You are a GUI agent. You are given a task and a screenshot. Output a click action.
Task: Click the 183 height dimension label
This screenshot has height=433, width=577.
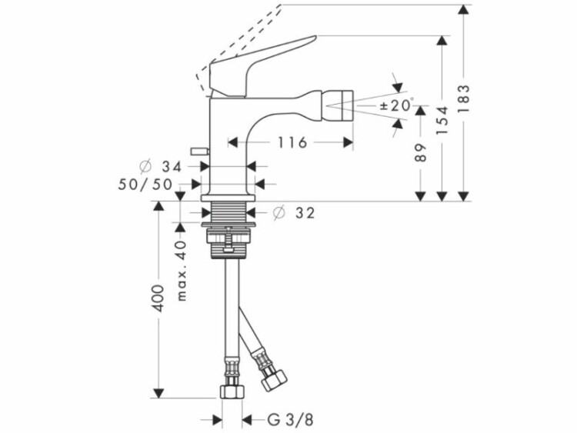coord(465,98)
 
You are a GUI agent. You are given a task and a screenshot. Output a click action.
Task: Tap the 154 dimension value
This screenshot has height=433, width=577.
coord(442,120)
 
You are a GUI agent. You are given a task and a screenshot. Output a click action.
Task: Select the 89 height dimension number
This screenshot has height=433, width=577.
coord(421,152)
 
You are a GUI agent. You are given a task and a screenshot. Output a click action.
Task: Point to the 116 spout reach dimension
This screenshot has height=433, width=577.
coord(292,142)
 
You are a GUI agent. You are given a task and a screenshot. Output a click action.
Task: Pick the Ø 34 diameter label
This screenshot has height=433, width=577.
coord(162,167)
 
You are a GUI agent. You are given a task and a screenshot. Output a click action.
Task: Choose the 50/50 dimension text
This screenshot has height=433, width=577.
coord(145,185)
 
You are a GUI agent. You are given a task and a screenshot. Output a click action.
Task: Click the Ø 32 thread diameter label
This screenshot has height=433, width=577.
coord(295,212)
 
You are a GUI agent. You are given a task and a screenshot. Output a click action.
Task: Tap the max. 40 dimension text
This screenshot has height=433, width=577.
coord(182,271)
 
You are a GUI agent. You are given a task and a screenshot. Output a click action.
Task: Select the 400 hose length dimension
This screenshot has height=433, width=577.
coord(158,298)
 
